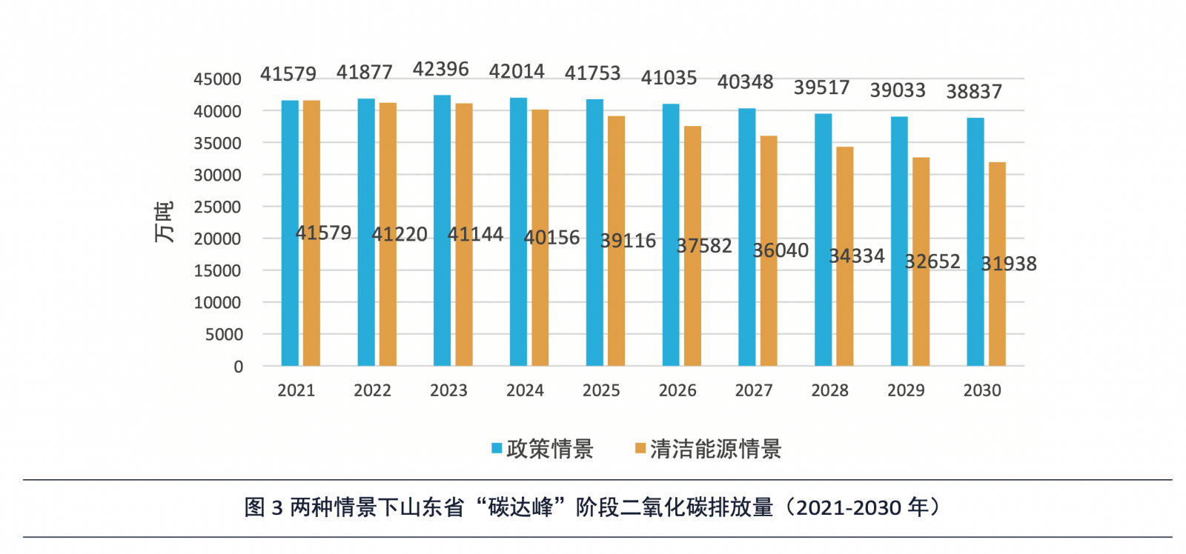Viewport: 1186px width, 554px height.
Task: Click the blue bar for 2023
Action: (x=442, y=230)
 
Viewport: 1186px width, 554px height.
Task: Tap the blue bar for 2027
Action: (x=746, y=237)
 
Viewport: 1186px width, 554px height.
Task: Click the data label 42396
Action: (x=440, y=70)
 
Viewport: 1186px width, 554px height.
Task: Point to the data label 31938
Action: (x=1009, y=264)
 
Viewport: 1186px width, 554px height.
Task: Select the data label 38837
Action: (x=974, y=92)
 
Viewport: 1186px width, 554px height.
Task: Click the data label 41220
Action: (x=400, y=235)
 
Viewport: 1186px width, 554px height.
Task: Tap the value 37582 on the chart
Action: (x=704, y=246)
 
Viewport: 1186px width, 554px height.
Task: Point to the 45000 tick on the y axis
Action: (x=217, y=79)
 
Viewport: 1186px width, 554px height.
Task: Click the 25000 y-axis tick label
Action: (x=217, y=207)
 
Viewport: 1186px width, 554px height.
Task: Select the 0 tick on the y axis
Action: (x=238, y=367)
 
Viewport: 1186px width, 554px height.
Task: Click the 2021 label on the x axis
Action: (x=296, y=390)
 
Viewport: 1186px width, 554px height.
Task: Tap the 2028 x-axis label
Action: (x=829, y=390)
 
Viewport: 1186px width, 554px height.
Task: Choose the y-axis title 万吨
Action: (x=164, y=222)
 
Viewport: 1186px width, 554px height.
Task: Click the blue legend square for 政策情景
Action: (x=497, y=448)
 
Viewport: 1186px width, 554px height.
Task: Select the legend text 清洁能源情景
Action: (x=715, y=449)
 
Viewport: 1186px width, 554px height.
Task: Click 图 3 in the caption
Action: (x=264, y=507)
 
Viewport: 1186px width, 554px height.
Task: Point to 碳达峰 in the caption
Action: (x=520, y=507)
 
